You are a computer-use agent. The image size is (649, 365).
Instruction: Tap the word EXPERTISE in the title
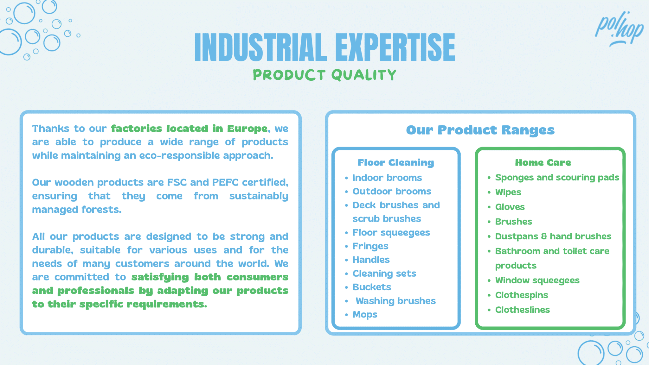click(395, 47)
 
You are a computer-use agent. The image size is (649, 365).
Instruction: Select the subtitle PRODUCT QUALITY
click(324, 75)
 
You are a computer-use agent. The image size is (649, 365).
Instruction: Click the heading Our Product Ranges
click(480, 130)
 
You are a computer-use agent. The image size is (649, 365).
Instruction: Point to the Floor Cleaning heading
click(396, 163)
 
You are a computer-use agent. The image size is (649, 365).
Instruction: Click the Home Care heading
click(543, 163)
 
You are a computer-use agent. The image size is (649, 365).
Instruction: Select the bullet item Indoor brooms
click(387, 178)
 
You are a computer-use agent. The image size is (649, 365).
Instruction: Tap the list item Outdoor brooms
click(392, 191)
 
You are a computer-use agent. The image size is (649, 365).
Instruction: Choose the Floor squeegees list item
click(391, 233)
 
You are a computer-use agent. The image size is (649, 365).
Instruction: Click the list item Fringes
click(370, 246)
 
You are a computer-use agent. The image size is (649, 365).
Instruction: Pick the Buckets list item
click(372, 287)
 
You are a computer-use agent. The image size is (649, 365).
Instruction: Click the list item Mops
click(365, 315)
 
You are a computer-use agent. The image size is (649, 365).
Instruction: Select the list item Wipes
click(508, 192)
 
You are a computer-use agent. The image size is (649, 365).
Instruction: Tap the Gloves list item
click(510, 207)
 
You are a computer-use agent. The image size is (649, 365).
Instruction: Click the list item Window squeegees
click(537, 280)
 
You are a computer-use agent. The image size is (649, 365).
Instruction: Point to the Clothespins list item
click(522, 295)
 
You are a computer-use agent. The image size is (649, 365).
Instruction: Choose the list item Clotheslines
click(523, 310)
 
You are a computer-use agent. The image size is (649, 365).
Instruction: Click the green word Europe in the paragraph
click(247, 129)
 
